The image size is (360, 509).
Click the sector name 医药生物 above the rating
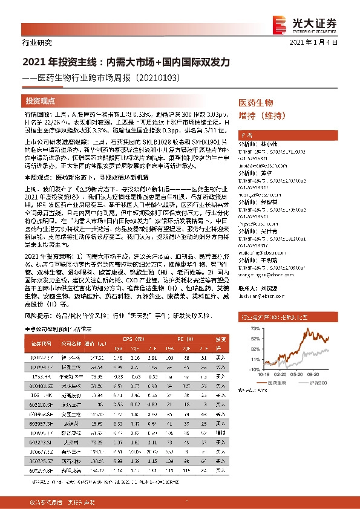256,103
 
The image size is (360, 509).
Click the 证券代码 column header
40,340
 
